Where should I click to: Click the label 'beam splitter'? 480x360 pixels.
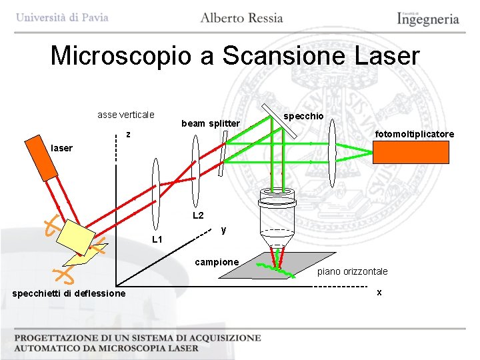210,123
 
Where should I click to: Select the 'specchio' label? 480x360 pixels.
303,116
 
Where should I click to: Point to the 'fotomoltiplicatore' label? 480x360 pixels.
414,134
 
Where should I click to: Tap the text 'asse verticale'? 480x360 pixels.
126,115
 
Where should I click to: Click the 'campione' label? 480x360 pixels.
216,262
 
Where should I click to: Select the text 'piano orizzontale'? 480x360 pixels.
352,271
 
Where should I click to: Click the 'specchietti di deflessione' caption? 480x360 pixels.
69,293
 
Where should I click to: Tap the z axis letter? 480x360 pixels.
129,135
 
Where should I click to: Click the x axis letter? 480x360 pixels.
379,292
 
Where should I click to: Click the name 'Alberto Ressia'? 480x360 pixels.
241,18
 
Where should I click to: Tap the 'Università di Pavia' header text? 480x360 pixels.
62,17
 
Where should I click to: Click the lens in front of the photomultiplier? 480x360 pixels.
333,152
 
